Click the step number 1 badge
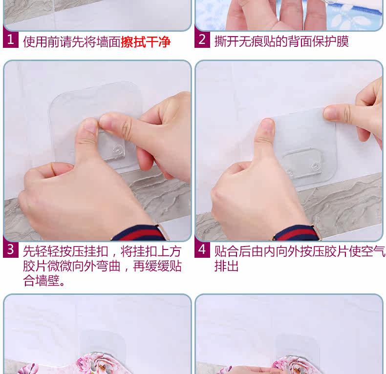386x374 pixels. (11, 40)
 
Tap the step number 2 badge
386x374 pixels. (202, 40)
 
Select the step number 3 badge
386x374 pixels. (11, 249)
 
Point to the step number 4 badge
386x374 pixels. (202, 249)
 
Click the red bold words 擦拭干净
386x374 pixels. (146, 42)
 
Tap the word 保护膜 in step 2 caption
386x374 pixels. (331, 41)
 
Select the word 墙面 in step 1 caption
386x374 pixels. (108, 42)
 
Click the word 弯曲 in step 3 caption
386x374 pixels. (108, 266)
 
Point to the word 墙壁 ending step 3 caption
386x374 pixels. (47, 280)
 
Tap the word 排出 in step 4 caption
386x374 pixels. (226, 266)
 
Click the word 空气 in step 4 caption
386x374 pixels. (373, 251)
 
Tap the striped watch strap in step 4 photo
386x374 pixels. (294, 233)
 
